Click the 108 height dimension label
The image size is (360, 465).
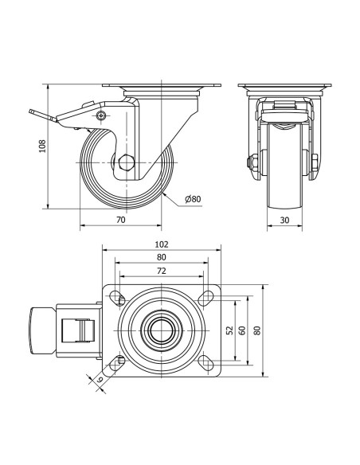pyautogui.click(x=43, y=147)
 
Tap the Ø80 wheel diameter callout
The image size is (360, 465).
pyautogui.click(x=193, y=199)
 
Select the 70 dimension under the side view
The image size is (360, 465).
pyautogui.click(x=121, y=220)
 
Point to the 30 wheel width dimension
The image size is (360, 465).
pyautogui.click(x=284, y=220)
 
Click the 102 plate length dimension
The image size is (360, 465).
pyautogui.click(x=162, y=244)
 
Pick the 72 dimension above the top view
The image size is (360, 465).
pyautogui.click(x=162, y=271)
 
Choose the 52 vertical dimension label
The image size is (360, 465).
pyautogui.click(x=230, y=330)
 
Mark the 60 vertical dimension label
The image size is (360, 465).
pyautogui.click(x=243, y=330)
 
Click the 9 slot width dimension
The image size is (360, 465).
pyautogui.click(x=100, y=379)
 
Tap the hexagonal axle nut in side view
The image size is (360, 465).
pyautogui.click(x=127, y=162)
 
